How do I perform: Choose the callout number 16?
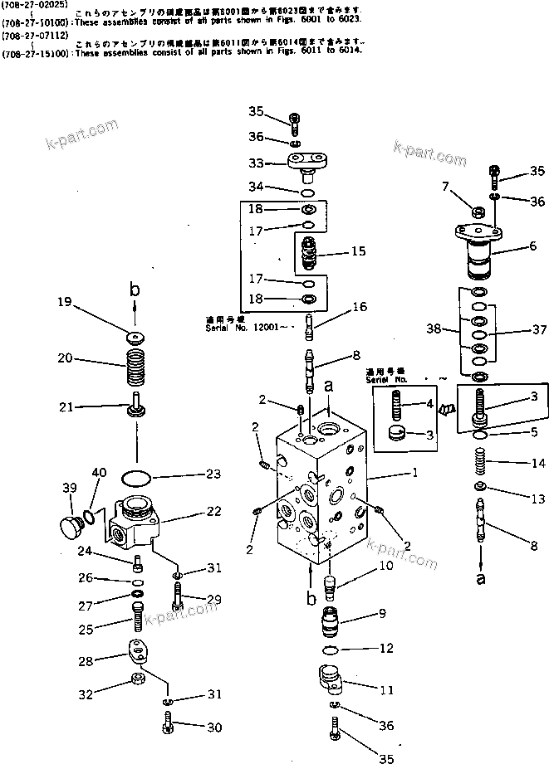coord(359,307)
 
